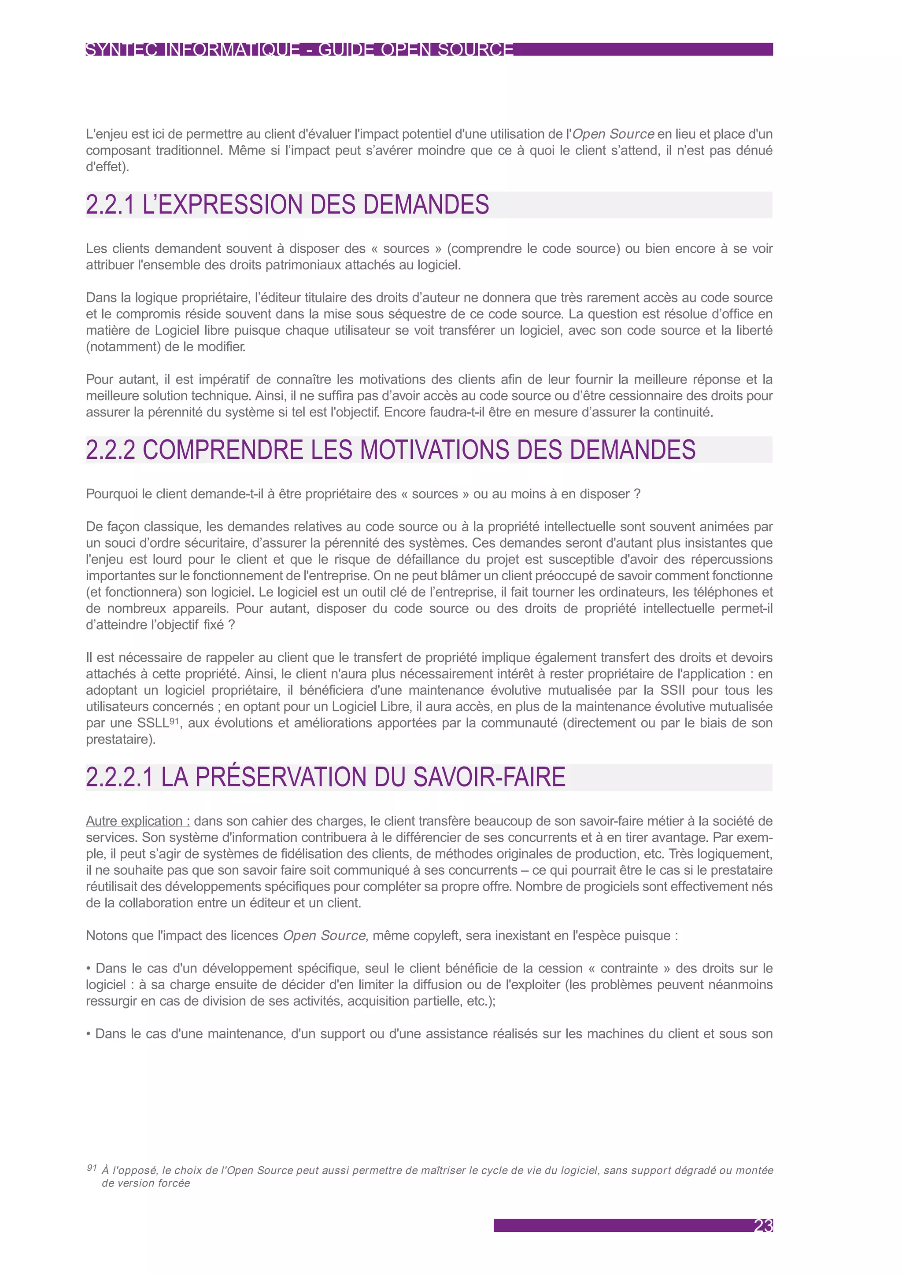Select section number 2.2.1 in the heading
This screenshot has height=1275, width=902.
110,205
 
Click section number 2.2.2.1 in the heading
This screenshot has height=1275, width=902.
119,778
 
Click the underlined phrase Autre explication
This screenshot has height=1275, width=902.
137,821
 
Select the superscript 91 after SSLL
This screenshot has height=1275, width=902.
174,720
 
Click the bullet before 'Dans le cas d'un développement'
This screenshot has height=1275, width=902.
89,969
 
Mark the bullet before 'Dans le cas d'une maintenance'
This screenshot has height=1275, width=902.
89,1034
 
